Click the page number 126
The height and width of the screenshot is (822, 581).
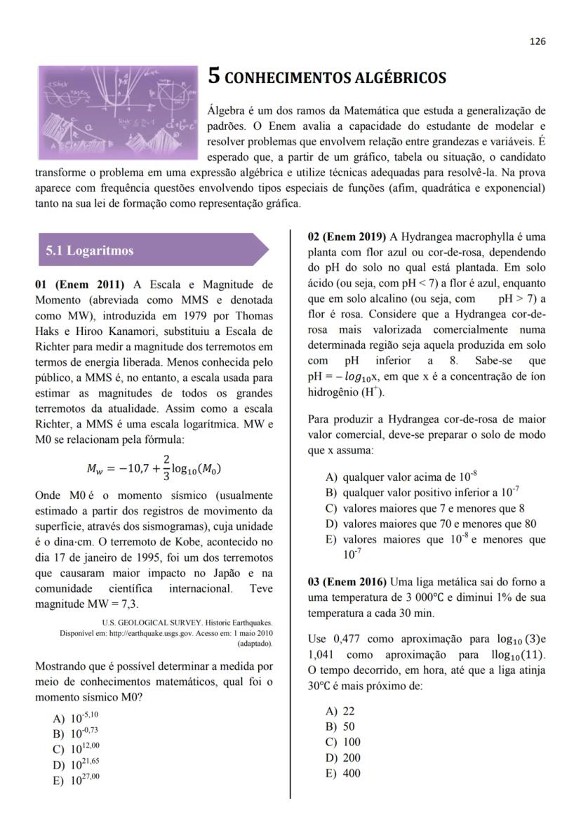coord(537,41)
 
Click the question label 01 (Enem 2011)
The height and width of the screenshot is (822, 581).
coord(79,284)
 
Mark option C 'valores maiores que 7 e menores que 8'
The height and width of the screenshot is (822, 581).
coord(425,508)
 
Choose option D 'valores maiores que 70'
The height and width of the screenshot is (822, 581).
coord(431,523)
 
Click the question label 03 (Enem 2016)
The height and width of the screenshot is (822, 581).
coord(347,582)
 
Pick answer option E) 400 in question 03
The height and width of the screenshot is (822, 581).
coord(343,773)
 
